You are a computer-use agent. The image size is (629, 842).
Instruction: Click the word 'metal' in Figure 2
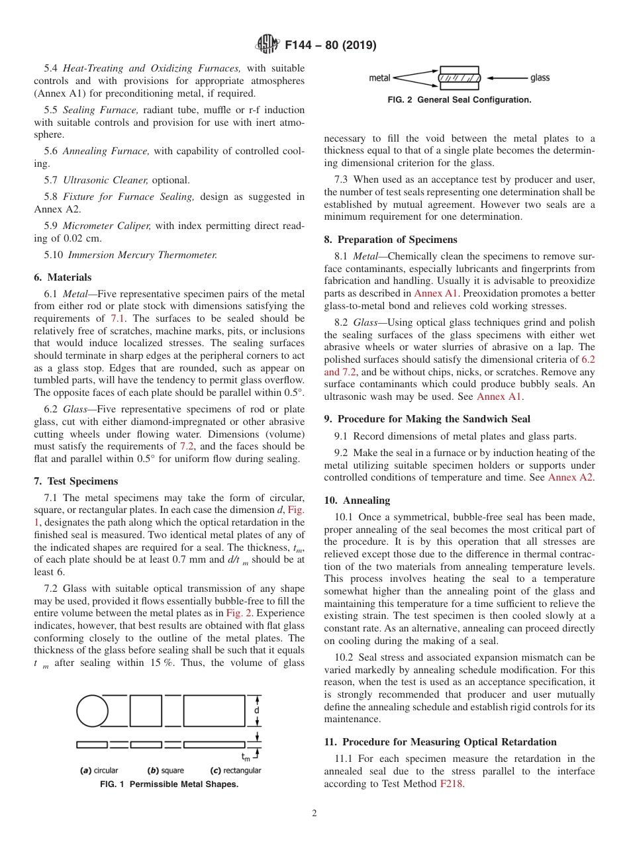(x=379, y=78)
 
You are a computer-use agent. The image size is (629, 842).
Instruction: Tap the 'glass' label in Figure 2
(x=540, y=78)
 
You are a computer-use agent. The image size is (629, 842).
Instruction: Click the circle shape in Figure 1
(x=92, y=712)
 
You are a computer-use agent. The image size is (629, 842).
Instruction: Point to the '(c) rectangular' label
(x=236, y=771)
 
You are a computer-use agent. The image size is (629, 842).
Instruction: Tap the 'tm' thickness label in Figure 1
(x=246, y=756)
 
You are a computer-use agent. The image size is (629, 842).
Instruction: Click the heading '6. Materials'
(x=63, y=277)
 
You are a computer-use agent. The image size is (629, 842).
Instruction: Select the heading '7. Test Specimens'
(x=76, y=481)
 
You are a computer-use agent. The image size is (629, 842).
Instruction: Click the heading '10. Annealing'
(x=357, y=500)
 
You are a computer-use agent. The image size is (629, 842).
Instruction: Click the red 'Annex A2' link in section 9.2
(x=571, y=477)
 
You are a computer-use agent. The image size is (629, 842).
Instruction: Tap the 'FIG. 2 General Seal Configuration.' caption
(x=460, y=100)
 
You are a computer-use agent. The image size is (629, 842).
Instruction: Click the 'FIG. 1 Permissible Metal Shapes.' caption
(x=169, y=784)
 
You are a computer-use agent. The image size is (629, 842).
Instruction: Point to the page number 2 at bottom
(x=314, y=814)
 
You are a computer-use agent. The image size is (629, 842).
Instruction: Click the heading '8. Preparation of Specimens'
(x=391, y=240)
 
